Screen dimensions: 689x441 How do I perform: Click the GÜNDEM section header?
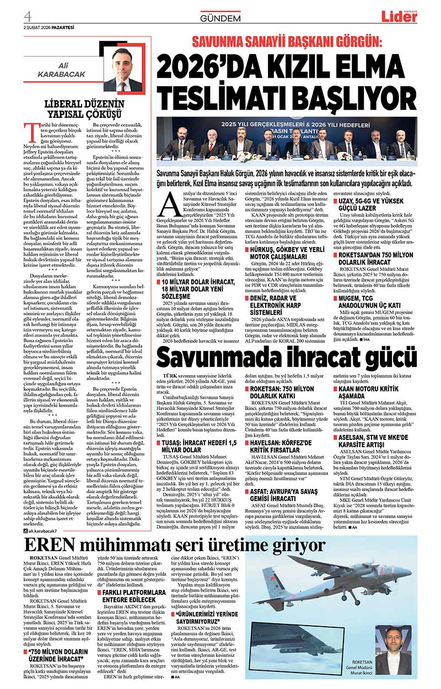tap(220, 18)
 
